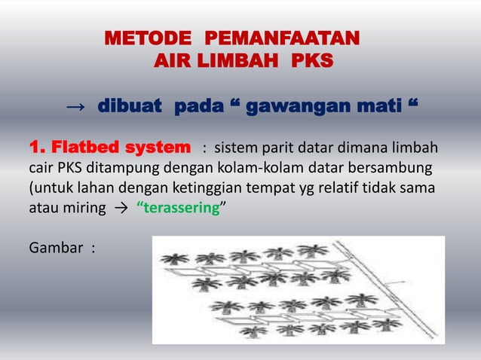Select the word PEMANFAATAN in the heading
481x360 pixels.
pyautogui.click(x=283, y=38)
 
